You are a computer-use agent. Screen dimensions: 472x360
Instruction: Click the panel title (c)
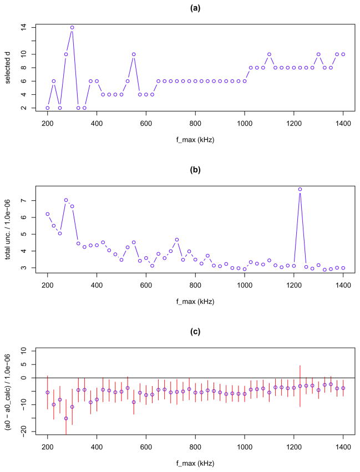(195, 333)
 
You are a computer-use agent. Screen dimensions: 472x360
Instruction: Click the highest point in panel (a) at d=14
(72, 27)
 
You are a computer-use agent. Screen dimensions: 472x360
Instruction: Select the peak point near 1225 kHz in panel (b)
(300, 189)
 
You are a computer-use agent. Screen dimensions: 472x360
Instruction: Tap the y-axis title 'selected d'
(8, 68)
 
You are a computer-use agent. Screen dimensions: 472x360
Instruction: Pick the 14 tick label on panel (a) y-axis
(24, 27)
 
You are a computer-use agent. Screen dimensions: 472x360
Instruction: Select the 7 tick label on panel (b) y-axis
(24, 201)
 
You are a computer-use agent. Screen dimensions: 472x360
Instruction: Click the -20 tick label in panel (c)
(24, 432)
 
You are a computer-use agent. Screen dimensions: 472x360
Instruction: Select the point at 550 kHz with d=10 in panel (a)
(134, 54)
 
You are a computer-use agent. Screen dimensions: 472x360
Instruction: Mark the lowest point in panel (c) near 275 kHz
(66, 418)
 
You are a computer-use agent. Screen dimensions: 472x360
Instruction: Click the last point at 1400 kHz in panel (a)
(343, 54)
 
